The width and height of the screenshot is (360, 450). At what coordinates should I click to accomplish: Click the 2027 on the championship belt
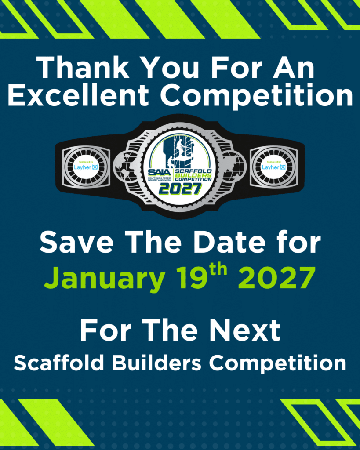pyautogui.click(x=179, y=189)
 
